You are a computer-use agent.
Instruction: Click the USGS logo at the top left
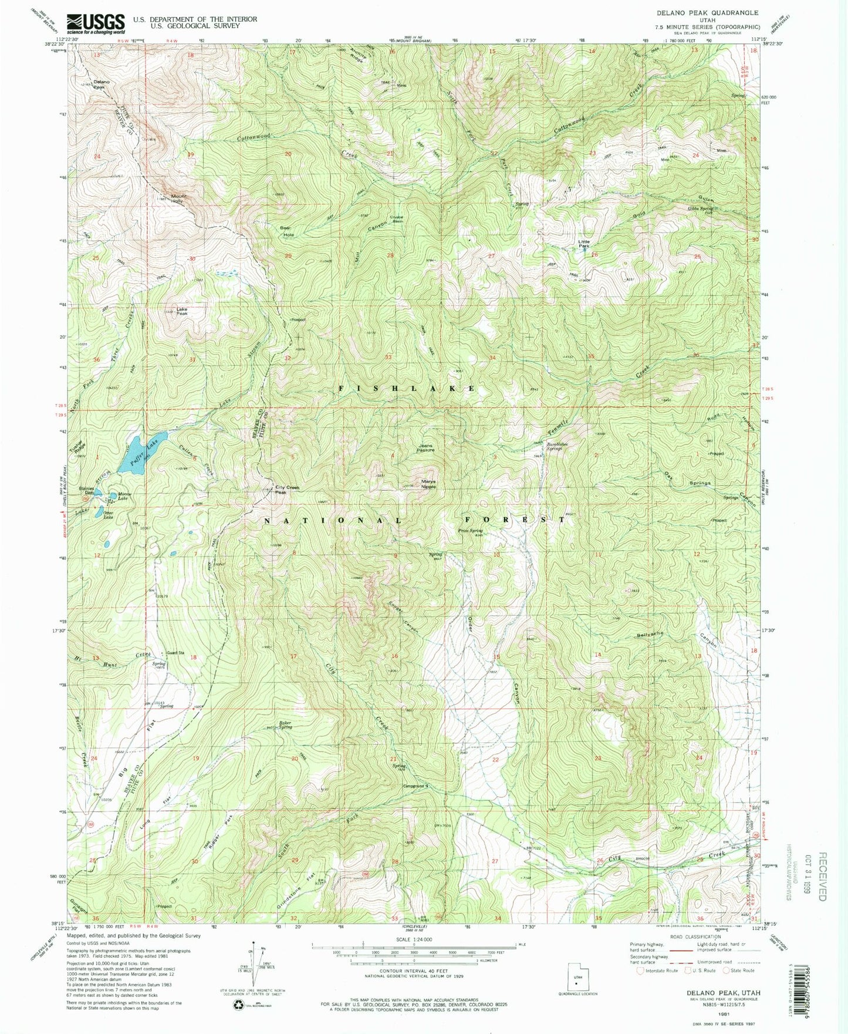[96, 24]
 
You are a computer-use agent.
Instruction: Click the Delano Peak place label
[98, 84]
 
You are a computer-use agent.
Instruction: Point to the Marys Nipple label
[428, 484]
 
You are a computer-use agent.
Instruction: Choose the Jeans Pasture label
[425, 448]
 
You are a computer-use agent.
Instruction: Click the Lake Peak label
[182, 311]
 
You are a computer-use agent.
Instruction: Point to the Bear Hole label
[286, 231]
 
